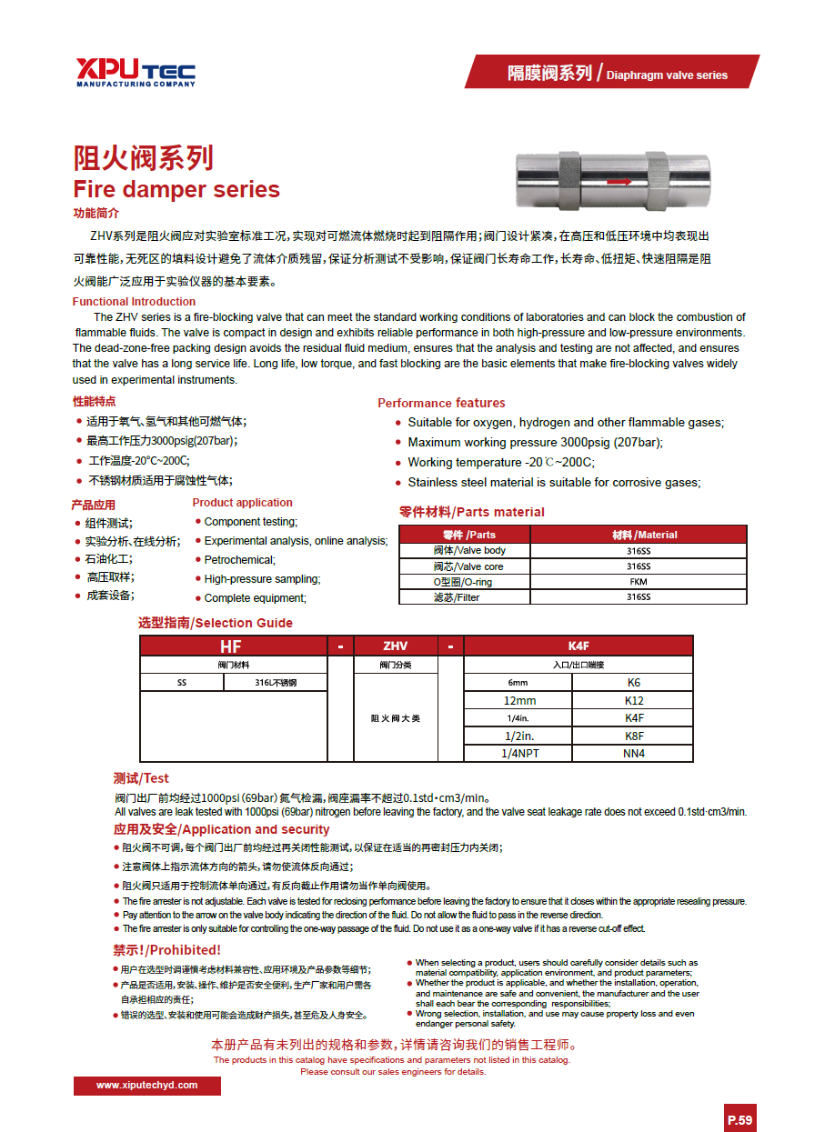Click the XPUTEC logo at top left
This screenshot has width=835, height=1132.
[x=136, y=72]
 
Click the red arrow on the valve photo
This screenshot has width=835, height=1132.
[x=619, y=182]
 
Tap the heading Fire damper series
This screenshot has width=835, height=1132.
[x=176, y=190]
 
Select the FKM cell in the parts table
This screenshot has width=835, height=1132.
[x=638, y=582]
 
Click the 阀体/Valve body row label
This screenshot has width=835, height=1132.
[x=469, y=551]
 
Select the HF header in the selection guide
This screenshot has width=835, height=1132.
[x=231, y=646]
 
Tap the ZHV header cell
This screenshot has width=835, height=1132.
[x=395, y=646]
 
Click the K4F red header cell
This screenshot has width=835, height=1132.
[x=578, y=646]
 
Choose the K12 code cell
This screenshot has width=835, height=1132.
[x=634, y=700]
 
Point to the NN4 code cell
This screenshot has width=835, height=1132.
[x=634, y=753]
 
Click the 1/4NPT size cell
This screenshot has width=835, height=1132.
[x=519, y=753]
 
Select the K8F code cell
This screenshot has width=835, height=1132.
[x=634, y=736]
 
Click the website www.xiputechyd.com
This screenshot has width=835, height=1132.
[x=146, y=1086]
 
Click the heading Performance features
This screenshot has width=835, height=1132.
[x=441, y=403]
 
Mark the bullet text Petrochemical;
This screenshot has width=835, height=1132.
[x=239, y=560]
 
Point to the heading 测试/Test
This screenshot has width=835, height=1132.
[x=141, y=778]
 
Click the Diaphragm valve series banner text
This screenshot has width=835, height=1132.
[x=667, y=75]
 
